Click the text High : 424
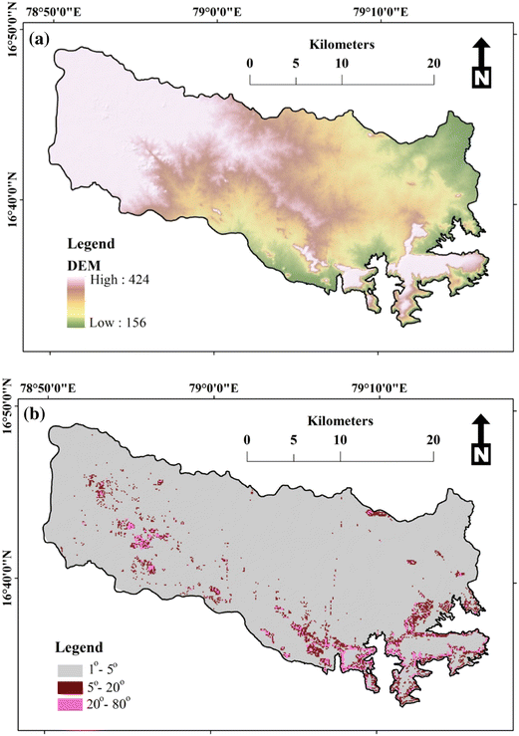click(x=121, y=284)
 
